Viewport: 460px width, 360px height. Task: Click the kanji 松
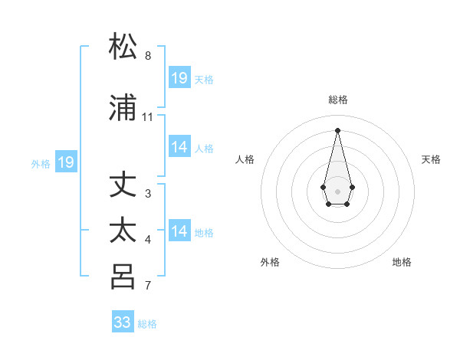pos(123,47)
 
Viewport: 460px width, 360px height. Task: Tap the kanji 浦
pos(123,110)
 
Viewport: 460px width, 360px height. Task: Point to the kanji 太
pos(123,231)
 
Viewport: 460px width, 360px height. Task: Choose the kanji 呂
pos(123,277)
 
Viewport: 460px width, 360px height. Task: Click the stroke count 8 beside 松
pos(148,56)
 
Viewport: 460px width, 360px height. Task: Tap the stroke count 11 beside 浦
pos(148,117)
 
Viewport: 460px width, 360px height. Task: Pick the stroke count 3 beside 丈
pos(148,194)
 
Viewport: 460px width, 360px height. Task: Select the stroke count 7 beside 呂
pos(148,286)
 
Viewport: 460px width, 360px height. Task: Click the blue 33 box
pos(123,322)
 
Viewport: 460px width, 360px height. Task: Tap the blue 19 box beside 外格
pos(65,162)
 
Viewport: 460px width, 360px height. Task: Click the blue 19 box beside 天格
pos(179,78)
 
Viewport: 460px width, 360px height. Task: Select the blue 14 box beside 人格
pos(179,147)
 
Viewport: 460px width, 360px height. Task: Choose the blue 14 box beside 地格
pos(179,231)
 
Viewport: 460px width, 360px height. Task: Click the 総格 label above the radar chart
pos(338,100)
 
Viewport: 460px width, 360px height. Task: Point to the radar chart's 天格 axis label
pos(431,159)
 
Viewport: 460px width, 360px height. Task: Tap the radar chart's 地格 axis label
pos(402,262)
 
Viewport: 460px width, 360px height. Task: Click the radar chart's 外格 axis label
pos(270,262)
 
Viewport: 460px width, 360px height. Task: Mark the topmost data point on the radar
pos(337,129)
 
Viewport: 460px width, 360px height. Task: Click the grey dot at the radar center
pos(337,191)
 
